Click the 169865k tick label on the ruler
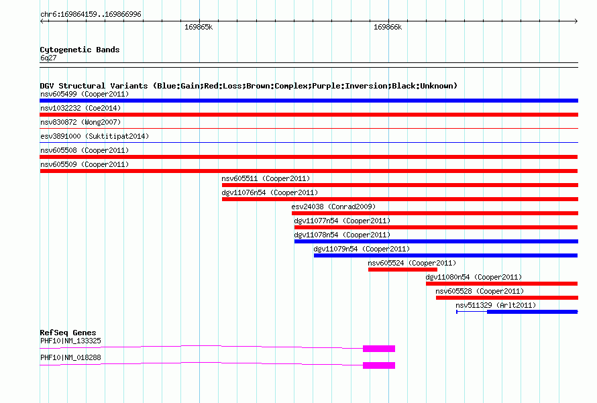click(199, 27)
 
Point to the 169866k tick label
click(388, 27)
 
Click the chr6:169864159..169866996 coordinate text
click(91, 14)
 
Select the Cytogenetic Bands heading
click(80, 50)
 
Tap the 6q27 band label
click(48, 58)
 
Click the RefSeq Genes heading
click(68, 333)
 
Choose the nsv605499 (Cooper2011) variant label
click(85, 94)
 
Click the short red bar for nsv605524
click(402, 270)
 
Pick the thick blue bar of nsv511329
click(533, 312)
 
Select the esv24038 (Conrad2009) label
click(333, 207)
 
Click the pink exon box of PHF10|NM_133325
click(379, 349)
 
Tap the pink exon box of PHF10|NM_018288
click(379, 365)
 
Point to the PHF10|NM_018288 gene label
click(70, 357)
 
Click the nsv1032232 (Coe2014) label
click(80, 108)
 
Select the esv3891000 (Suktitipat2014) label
click(95, 136)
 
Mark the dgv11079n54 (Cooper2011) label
click(362, 249)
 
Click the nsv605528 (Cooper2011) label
click(480, 291)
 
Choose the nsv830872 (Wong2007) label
click(80, 122)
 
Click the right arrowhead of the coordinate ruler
click(577, 21)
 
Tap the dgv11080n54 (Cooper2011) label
click(474, 277)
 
